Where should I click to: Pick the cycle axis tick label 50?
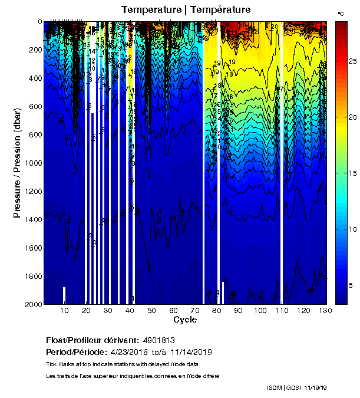tap(151, 311)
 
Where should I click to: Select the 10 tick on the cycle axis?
tap(65, 311)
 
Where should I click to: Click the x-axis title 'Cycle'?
tap(185, 320)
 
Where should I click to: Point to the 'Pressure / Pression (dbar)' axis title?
tap(18, 162)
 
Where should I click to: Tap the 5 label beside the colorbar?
tap(352, 285)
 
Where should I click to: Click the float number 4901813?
tap(158, 340)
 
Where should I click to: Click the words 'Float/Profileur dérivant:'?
tap(90, 340)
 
